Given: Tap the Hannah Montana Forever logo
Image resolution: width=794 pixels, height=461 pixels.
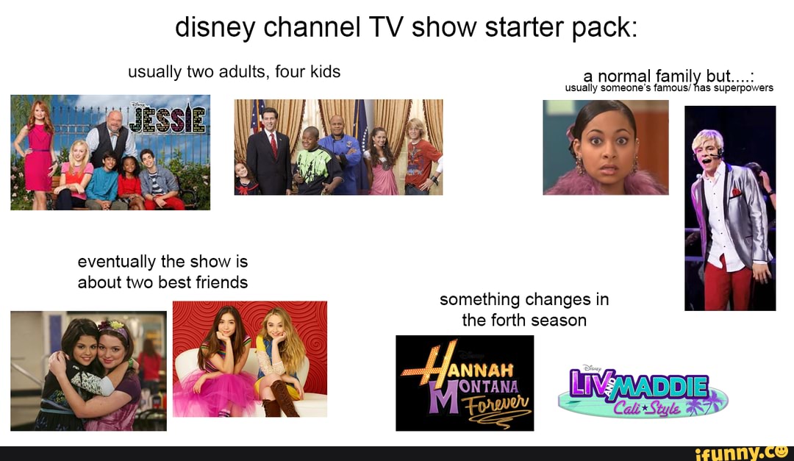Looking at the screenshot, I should tap(465, 383).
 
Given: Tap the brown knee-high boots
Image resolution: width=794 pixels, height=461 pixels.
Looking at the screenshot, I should tap(282, 396).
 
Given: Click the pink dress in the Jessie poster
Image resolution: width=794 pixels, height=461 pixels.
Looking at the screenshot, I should tap(38, 162).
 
